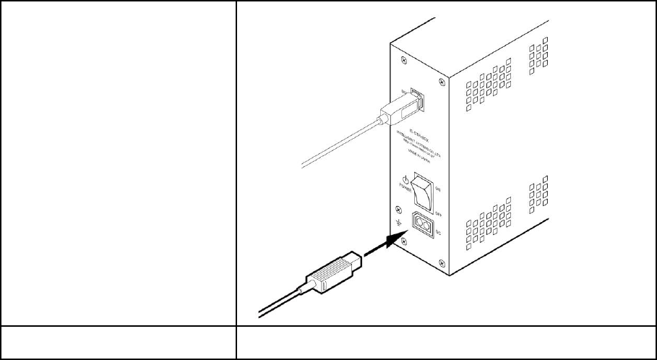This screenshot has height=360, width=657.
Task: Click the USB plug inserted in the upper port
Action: click(x=398, y=108)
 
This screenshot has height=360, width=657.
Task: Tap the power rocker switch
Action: click(x=421, y=192)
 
